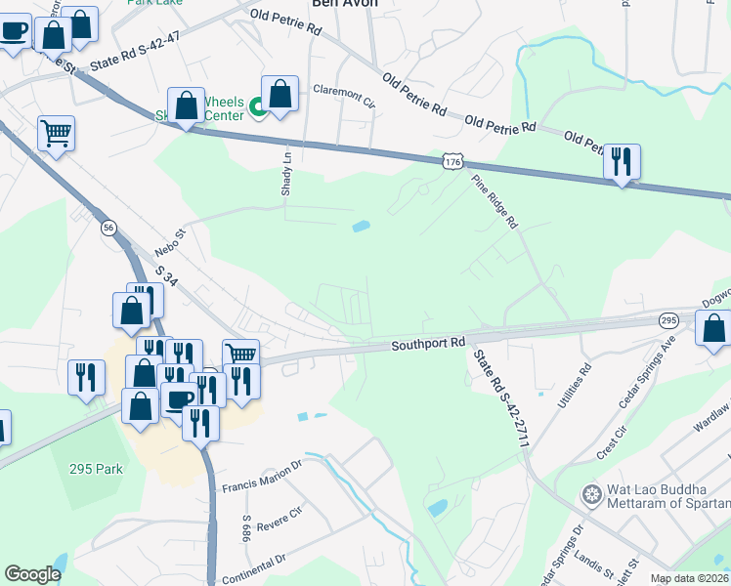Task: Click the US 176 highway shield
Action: [x=451, y=162]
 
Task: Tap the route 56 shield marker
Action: [x=107, y=228]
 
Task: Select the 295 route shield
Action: [x=668, y=320]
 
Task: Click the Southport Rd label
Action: [x=431, y=345]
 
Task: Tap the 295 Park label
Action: [x=96, y=469]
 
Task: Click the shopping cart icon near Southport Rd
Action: [x=240, y=353]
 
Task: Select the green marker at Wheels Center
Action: [x=258, y=106]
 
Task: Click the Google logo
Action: [x=32, y=574]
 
